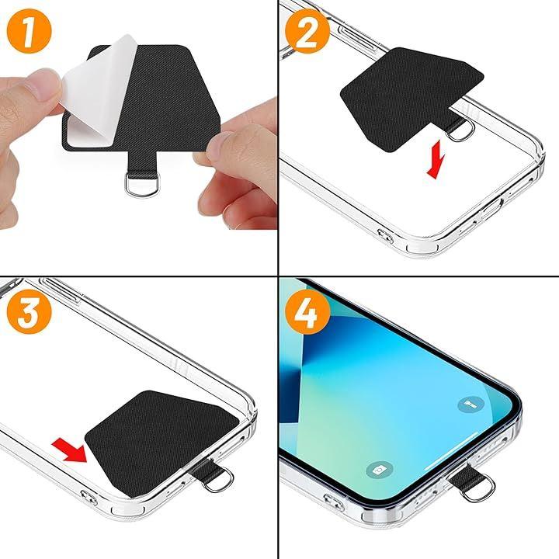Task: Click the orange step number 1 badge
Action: pos(30,31)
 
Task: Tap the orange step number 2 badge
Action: pos(307,31)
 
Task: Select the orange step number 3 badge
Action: pos(30,311)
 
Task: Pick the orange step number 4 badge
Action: pos(307,311)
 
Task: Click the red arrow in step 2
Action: pos(436,158)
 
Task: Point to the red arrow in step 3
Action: pos(70,450)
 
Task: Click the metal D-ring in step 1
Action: pos(141,184)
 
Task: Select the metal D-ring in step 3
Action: pos(218,481)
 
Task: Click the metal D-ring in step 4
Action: pos(477,489)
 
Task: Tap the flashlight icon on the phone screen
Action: pos(470,404)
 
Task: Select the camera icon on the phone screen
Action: pos(380,470)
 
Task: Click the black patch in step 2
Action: pos(410,98)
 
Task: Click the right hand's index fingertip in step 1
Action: pos(214,146)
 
